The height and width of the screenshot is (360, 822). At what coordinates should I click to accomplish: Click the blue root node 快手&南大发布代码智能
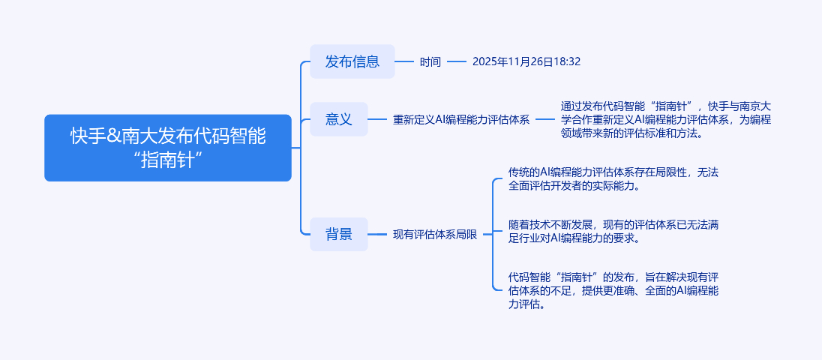pyautogui.click(x=167, y=148)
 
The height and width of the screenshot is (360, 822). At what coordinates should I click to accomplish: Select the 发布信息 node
pyautogui.click(x=352, y=61)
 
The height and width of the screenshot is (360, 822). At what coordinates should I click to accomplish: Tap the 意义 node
pyautogui.click(x=338, y=119)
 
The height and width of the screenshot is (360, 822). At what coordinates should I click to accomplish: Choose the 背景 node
pyautogui.click(x=338, y=234)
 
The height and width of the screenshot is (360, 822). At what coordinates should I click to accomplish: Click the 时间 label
pyautogui.click(x=430, y=61)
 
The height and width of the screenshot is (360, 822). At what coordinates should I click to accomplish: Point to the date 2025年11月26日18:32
pyautogui.click(x=526, y=61)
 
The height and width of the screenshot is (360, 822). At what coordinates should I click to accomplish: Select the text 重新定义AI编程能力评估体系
pyautogui.click(x=461, y=119)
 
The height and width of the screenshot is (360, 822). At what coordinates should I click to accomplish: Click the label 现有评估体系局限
pyautogui.click(x=435, y=234)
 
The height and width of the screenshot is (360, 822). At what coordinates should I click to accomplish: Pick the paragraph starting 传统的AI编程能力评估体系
pyautogui.click(x=613, y=178)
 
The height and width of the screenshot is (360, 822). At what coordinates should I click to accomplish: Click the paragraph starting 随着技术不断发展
pyautogui.click(x=613, y=231)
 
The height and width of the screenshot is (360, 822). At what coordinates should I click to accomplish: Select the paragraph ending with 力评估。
pyautogui.click(x=613, y=290)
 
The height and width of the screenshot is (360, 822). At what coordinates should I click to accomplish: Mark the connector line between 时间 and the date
pyautogui.click(x=457, y=61)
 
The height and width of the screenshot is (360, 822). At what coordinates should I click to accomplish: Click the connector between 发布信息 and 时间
pyautogui.click(x=404, y=61)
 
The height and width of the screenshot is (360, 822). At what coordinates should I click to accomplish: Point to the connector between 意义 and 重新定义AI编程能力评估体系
pyautogui.click(x=377, y=119)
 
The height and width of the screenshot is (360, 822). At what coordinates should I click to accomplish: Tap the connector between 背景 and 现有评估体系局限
pyautogui.click(x=377, y=234)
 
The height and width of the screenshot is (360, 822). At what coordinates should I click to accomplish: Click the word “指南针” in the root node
pyautogui.click(x=168, y=160)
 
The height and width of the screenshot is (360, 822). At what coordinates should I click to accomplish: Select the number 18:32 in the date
pyautogui.click(x=567, y=61)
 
